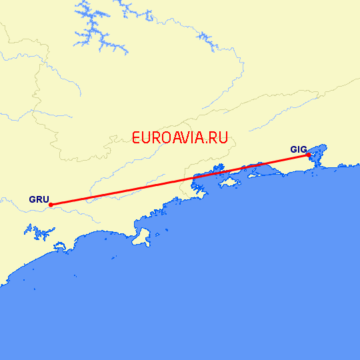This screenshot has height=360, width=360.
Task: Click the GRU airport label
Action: (39, 199)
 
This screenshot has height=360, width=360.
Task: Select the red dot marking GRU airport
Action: (51, 205)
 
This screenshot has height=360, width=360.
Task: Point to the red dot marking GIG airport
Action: (308, 155)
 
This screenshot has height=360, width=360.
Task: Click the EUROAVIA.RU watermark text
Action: (180, 138)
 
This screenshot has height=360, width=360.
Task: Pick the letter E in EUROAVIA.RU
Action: (137, 138)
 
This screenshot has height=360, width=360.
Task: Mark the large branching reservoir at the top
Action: (100, 30)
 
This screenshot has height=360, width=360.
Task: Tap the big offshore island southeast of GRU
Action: (141, 237)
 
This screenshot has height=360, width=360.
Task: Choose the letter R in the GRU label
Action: (39, 199)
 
